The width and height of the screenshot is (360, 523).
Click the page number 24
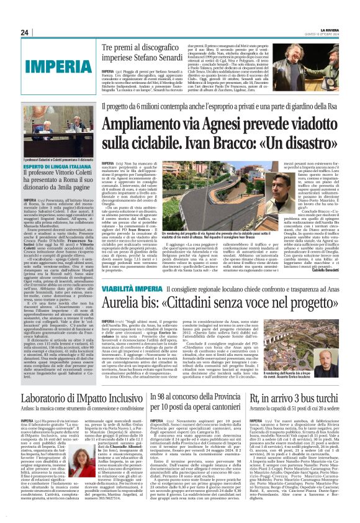(24, 32)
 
